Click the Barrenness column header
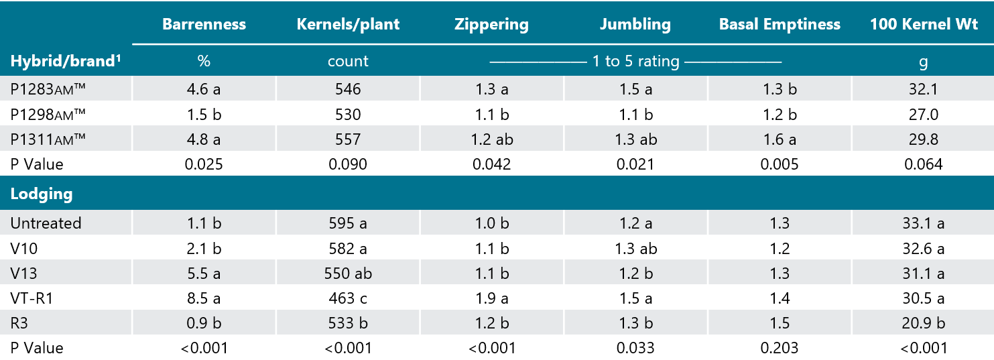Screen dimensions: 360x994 tap(204, 25)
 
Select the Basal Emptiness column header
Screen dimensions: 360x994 tap(780, 25)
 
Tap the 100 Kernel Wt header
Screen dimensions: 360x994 tap(923, 25)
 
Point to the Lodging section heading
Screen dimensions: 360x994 tap(42, 194)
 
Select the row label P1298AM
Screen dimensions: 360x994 tap(48, 114)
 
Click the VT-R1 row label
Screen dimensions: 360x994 tap(32, 298)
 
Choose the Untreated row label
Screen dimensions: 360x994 tap(46, 223)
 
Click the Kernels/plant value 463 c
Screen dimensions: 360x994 tap(348, 298)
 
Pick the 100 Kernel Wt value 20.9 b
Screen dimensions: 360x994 tap(923, 323)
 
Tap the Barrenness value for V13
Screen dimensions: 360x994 tap(204, 274)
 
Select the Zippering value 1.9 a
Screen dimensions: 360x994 tap(491, 298)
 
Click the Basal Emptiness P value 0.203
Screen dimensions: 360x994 tap(780, 348)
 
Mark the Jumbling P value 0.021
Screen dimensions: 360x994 tap(635, 164)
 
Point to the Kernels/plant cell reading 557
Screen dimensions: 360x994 tap(348, 139)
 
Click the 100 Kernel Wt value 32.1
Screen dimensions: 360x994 tap(923, 89)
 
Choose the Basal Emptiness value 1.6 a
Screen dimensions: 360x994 tap(780, 139)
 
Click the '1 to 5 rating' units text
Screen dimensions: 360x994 tap(635, 62)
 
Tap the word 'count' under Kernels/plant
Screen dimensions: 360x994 tap(348, 62)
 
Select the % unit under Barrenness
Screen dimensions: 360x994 tap(204, 62)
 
